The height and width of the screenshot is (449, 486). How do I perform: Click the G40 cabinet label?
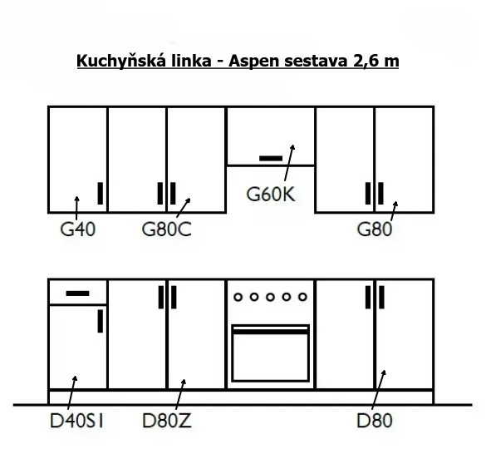pos(77,229)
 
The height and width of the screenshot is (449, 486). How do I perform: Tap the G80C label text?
pos(166,229)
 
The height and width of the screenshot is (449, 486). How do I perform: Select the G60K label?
pos(271,195)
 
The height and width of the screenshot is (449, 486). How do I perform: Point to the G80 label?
pos(375,229)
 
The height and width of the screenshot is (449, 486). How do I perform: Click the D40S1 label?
pos(76,421)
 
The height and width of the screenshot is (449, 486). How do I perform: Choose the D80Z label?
pos(167,421)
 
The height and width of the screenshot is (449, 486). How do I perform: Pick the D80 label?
pos(375,421)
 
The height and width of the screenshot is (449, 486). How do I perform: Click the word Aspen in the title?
pos(254,61)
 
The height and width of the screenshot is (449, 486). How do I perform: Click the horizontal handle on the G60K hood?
pos(271,158)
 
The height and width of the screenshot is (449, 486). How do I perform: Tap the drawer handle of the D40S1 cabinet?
pos(77,294)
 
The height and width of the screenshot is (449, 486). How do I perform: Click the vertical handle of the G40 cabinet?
pos(101,193)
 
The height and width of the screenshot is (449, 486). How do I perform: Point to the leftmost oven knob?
pos(238,297)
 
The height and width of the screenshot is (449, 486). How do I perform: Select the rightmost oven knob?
pos(302,297)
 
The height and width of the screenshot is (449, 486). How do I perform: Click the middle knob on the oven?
pos(270,297)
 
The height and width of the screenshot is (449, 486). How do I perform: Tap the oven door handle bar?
pos(270,332)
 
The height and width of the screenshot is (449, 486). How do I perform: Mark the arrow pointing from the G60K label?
pos(289,162)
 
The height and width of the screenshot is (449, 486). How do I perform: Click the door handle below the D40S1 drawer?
pos(101,321)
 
